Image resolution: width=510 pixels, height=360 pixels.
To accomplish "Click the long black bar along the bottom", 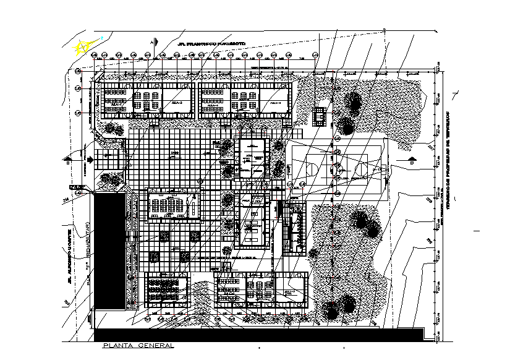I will click(260, 335).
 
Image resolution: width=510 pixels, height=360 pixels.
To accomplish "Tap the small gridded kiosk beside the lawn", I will click(319, 116).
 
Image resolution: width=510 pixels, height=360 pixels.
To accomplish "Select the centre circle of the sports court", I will click(339, 166).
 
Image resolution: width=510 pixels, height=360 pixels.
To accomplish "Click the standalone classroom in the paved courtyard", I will click(174, 205).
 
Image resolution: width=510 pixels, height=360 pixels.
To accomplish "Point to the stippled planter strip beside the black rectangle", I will click(130, 247).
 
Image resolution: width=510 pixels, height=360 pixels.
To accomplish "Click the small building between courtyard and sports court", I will click(252, 158).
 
